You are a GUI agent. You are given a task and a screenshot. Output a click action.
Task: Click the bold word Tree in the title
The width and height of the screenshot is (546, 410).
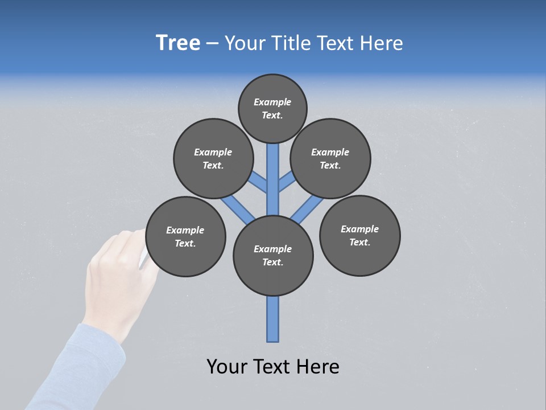(x=178, y=43)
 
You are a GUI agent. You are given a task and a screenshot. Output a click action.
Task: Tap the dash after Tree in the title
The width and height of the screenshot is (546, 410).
(x=212, y=44)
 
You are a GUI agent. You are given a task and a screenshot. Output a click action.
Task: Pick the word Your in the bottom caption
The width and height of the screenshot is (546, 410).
(x=227, y=367)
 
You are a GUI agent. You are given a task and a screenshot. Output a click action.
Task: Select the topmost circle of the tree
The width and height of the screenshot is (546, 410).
(x=272, y=108)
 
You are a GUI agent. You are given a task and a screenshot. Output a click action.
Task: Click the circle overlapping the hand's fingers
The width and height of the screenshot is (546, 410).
(x=185, y=237)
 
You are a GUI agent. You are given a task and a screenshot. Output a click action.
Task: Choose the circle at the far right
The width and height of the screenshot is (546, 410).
(x=359, y=236)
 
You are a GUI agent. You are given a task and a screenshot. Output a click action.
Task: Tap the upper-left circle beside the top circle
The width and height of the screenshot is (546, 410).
(x=213, y=158)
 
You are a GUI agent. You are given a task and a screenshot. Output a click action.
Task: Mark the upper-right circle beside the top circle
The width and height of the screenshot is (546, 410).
(x=330, y=158)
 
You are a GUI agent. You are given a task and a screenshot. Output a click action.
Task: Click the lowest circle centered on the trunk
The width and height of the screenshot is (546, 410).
(x=273, y=256)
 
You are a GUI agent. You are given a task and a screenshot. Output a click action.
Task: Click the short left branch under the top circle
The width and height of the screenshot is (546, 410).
(x=259, y=182)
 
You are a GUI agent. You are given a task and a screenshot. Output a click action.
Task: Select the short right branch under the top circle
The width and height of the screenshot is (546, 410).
(x=286, y=182)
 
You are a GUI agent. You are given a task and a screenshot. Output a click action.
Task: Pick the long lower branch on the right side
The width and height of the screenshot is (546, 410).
(x=307, y=208)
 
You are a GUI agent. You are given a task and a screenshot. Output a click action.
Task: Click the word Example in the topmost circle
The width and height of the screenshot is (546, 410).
(x=272, y=102)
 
